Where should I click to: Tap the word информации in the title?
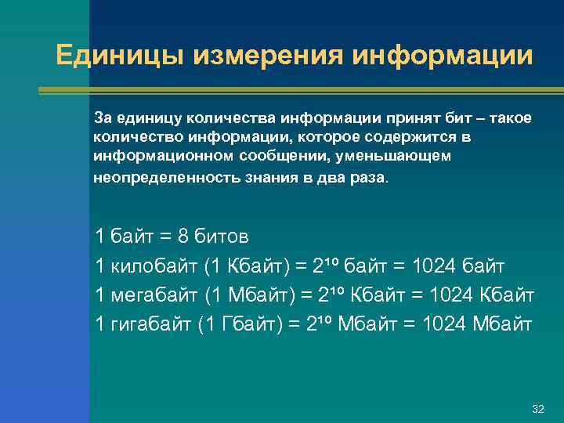click(443, 56)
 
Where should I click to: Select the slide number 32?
click(537, 410)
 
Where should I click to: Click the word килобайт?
click(152, 266)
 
